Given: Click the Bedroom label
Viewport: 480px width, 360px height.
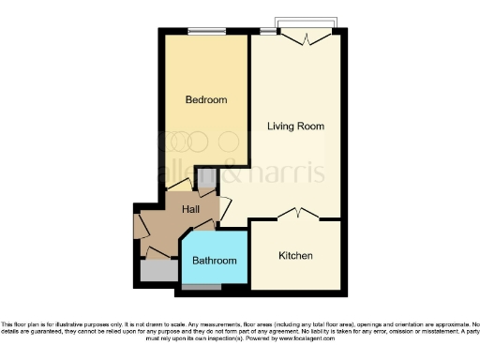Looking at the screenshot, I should click(x=205, y=100).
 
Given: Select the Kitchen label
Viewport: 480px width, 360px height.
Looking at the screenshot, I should click(x=295, y=255).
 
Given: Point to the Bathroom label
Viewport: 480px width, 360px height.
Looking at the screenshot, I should click(x=214, y=261).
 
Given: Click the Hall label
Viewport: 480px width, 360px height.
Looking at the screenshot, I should click(x=190, y=210).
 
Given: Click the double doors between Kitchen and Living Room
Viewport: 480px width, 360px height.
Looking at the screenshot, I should click(x=298, y=212).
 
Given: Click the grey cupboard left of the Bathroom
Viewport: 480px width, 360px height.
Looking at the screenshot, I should click(x=157, y=271).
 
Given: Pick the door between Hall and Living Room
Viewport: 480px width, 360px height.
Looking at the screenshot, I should click(x=225, y=208).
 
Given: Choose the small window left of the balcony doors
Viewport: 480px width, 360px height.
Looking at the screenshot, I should click(x=269, y=32).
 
